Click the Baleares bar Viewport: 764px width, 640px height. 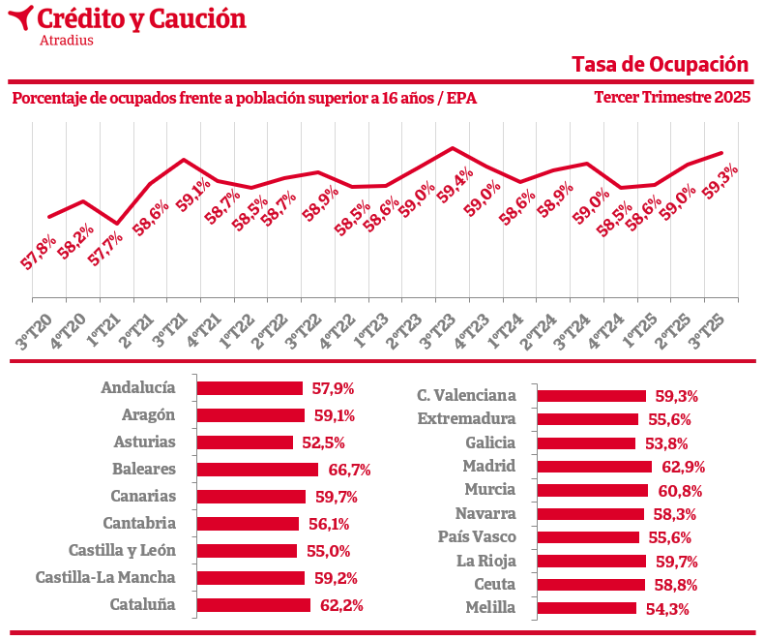pos(257,470)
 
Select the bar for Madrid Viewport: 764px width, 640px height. pos(594,467)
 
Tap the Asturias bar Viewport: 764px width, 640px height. pos(245,442)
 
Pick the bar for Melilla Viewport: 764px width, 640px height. pos(586,608)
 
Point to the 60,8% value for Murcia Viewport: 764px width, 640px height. pos(681,491)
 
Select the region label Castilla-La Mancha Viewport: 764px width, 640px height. pos(105,578)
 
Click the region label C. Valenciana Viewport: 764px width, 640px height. pos(466,395)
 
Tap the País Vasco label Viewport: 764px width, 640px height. pos(477,537)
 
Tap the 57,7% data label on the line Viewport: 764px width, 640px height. pos(105,250)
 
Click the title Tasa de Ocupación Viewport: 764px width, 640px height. pos(661,64)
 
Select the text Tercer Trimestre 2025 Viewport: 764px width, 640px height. pos(672,98)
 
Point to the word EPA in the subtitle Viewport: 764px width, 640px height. pos(461,99)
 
